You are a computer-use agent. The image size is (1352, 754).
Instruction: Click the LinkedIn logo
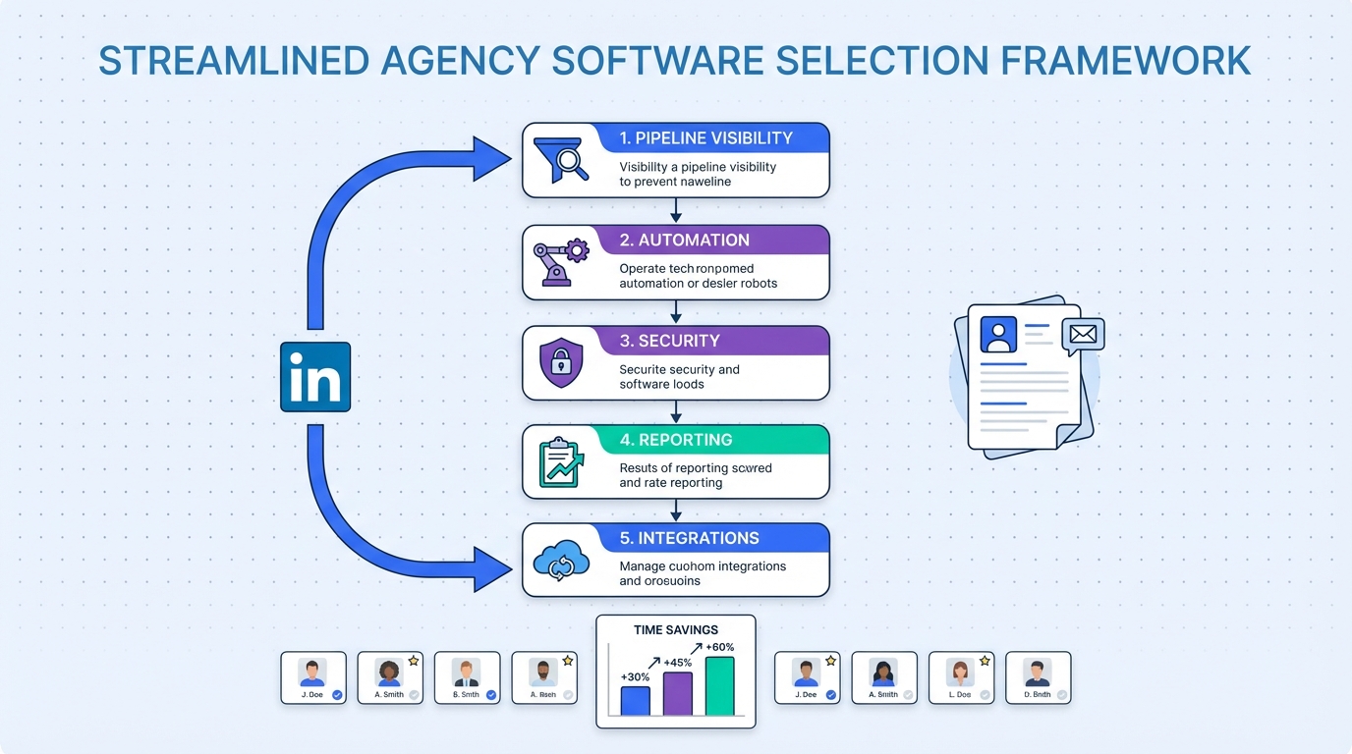click(315, 376)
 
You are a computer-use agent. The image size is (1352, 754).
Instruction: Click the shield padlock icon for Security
click(561, 363)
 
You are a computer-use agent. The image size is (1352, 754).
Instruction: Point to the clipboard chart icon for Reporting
click(561, 462)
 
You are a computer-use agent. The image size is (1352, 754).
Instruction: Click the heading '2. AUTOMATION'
click(684, 241)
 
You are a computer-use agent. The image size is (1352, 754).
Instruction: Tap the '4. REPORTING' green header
click(676, 440)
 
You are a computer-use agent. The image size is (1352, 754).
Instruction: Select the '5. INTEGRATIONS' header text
click(689, 539)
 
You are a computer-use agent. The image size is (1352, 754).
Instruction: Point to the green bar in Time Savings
click(720, 686)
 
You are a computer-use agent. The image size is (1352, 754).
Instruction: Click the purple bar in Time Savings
click(678, 693)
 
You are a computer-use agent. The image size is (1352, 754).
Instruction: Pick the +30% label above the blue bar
click(636, 677)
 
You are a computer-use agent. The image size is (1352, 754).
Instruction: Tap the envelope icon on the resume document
click(1083, 335)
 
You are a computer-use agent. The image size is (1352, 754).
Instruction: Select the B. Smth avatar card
click(467, 677)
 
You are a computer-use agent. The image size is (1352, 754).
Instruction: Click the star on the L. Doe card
click(985, 661)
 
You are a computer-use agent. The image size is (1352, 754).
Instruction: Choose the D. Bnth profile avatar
click(1037, 677)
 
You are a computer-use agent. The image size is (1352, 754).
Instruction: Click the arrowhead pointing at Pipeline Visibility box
click(492, 159)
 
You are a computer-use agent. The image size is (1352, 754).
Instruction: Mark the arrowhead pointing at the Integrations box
click(492, 568)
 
